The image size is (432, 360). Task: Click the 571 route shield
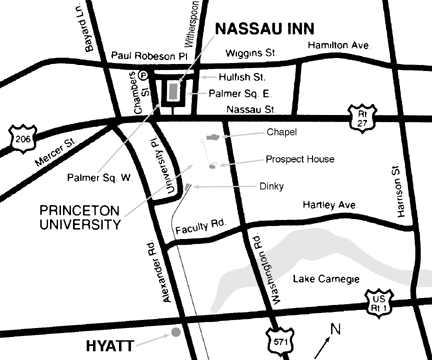pyautogui.click(x=282, y=341)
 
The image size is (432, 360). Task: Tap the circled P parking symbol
pyautogui.click(x=142, y=74)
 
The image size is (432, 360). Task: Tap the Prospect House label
pyautogui.click(x=300, y=159)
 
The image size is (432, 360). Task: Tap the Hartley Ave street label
pyautogui.click(x=329, y=205)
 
